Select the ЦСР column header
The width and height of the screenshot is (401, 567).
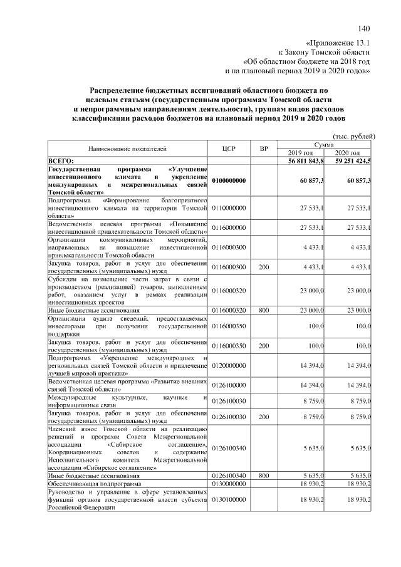pyautogui.click(x=228, y=149)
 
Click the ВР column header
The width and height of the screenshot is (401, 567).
pyautogui.click(x=264, y=149)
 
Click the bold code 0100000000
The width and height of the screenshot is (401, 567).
pyautogui.click(x=229, y=180)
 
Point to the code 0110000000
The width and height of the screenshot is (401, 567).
pyautogui.click(x=229, y=207)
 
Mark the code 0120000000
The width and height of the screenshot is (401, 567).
pyautogui.click(x=229, y=365)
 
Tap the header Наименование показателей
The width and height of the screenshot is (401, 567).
pyautogui.click(x=127, y=149)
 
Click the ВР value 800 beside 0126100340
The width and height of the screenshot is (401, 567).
pyautogui.click(x=264, y=476)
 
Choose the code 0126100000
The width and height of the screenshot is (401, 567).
pyautogui.click(x=229, y=384)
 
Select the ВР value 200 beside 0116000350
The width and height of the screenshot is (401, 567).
pyautogui.click(x=264, y=346)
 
